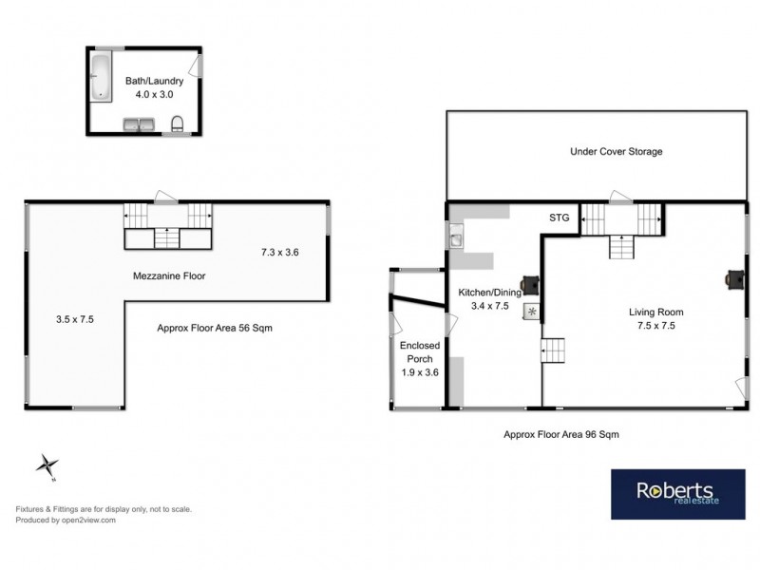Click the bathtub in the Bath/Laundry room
(x=102, y=77)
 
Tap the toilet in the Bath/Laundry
(x=178, y=123)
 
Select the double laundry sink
(x=141, y=124)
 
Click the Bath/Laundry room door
(x=197, y=65)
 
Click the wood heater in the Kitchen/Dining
(x=531, y=282)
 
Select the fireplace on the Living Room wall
(x=734, y=277)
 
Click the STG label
(x=560, y=218)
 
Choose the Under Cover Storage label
(x=616, y=151)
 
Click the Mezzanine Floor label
(x=169, y=276)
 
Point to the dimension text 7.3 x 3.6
(x=280, y=252)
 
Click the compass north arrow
(x=47, y=465)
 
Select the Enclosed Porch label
(x=418, y=352)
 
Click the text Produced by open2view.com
(x=66, y=520)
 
